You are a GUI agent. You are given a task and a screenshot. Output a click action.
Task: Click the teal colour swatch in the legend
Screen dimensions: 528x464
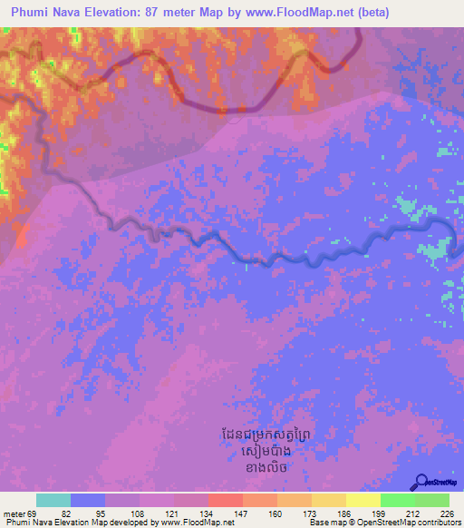click(x=53, y=501)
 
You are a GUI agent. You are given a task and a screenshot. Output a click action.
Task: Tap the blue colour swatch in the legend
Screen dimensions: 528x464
click(x=88, y=501)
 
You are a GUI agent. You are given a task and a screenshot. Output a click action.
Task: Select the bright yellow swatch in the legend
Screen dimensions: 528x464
click(x=363, y=501)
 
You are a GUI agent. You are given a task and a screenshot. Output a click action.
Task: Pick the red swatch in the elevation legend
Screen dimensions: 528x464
click(x=226, y=501)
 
